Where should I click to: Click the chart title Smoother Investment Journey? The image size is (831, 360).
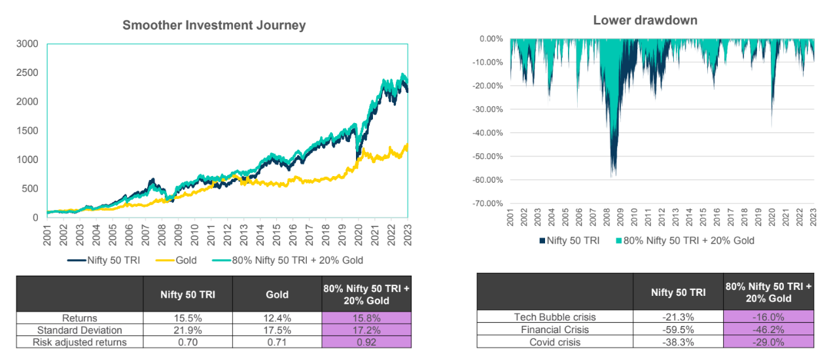(x=214, y=26)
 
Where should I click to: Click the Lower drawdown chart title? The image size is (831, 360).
(x=645, y=20)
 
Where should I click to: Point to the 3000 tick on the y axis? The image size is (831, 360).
(x=27, y=44)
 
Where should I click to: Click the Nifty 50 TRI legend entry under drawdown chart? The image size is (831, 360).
(x=569, y=240)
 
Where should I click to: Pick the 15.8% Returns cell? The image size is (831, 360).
(x=366, y=318)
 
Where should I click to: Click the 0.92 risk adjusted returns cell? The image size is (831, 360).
(x=366, y=342)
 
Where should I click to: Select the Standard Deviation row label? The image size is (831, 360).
(x=80, y=330)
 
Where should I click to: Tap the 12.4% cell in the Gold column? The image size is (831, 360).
(x=277, y=318)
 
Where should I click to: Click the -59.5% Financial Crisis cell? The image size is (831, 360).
(x=678, y=329)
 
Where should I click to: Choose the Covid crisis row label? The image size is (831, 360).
(x=556, y=342)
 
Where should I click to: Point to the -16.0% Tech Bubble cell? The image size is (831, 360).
(x=768, y=317)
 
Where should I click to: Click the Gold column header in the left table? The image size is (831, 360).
(x=277, y=295)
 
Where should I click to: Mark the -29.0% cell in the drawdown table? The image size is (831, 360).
(x=768, y=342)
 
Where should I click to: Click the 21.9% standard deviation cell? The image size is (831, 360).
(x=188, y=330)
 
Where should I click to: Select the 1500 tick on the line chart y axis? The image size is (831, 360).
(x=27, y=131)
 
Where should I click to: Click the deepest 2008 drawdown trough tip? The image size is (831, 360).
(x=612, y=177)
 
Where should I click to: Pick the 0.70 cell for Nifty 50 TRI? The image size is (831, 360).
(x=188, y=342)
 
